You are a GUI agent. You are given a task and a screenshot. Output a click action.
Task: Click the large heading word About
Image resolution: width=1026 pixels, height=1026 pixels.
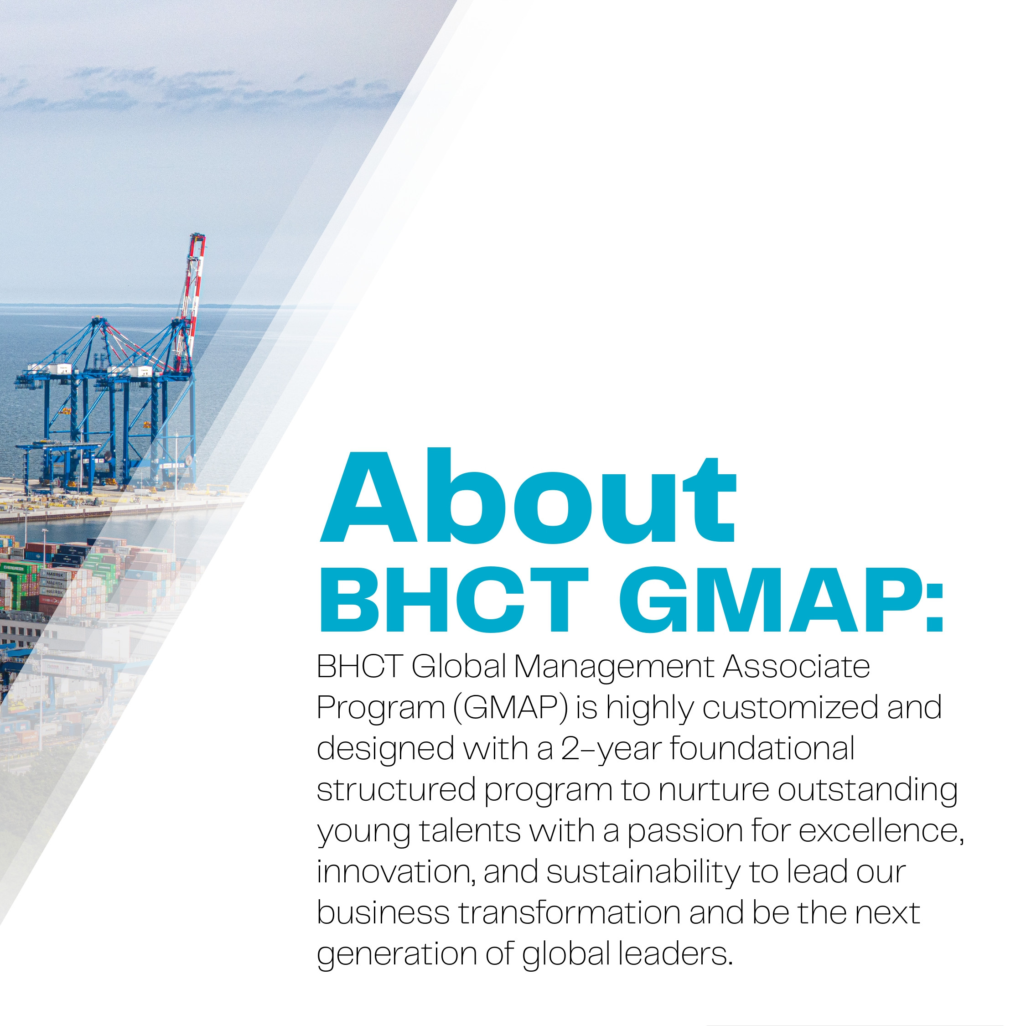pos(528,496)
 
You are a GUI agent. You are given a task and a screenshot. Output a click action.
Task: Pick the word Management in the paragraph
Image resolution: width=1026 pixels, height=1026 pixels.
pos(614,667)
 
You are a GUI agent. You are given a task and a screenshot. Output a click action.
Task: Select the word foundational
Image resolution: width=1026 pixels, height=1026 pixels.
pos(762,749)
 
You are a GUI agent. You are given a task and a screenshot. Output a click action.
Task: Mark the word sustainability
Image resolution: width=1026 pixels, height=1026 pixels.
pos(643,874)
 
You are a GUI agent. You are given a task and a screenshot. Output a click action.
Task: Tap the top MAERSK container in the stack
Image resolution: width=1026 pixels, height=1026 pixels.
pos(54,574)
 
